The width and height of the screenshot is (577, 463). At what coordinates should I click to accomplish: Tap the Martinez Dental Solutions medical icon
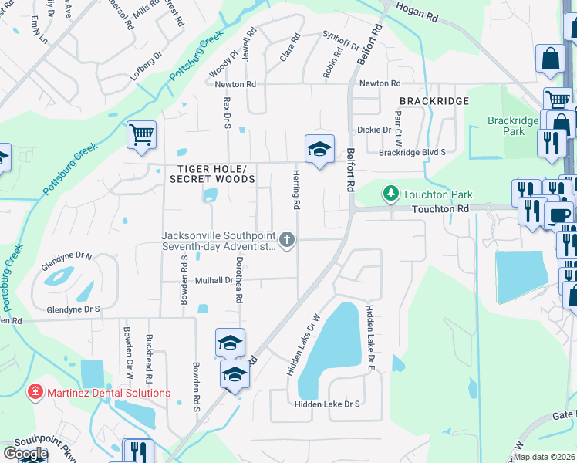pyautogui.click(x=35, y=393)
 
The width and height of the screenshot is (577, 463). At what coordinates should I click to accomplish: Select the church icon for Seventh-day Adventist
pyautogui.click(x=287, y=240)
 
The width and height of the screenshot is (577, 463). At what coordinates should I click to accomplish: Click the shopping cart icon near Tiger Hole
pyautogui.click(x=142, y=136)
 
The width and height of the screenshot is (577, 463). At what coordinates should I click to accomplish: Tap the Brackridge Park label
pyautogui.click(x=506, y=126)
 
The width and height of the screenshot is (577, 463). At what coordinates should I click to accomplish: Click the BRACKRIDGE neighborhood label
pyautogui.click(x=434, y=101)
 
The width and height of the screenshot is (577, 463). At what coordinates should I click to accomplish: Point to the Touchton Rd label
pyautogui.click(x=440, y=209)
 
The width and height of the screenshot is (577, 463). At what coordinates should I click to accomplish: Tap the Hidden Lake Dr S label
pyautogui.click(x=327, y=404)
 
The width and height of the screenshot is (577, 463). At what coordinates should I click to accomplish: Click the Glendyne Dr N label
pyautogui.click(x=66, y=256)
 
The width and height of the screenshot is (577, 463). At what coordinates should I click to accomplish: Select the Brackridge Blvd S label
pyautogui.click(x=412, y=153)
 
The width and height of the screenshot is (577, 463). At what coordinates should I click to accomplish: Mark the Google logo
pyautogui.click(x=25, y=455)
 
